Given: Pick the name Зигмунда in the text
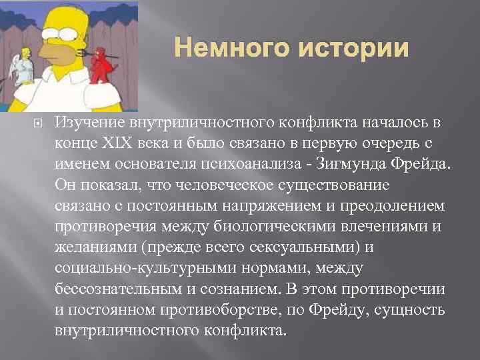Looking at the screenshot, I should (x=356, y=165).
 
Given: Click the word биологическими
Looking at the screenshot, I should (x=283, y=227).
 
